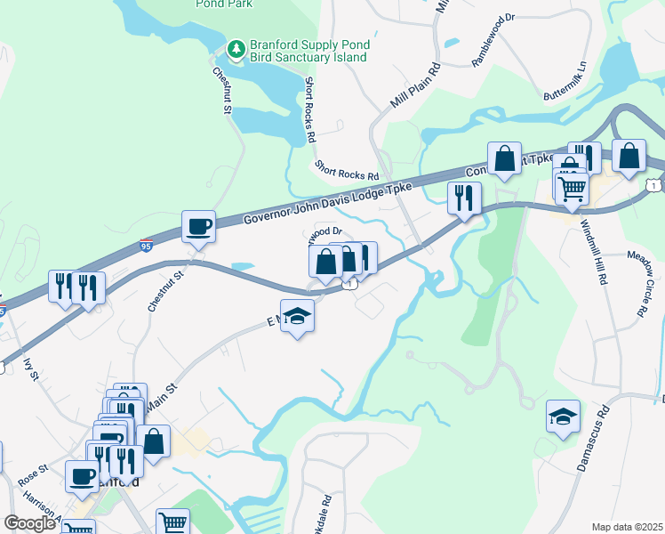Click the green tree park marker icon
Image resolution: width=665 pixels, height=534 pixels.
click(x=236, y=48)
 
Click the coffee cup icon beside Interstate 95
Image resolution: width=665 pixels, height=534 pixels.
click(x=198, y=226)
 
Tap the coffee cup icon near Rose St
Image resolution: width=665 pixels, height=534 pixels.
click(x=83, y=475)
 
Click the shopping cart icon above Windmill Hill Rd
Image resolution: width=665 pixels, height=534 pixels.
click(x=572, y=187)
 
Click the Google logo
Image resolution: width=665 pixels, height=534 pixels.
click(x=29, y=522)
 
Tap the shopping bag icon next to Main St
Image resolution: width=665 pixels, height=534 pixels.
click(x=153, y=441)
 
